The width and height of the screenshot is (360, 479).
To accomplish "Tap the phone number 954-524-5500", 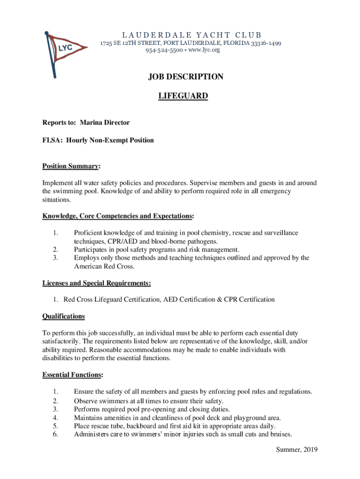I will pos(164,50).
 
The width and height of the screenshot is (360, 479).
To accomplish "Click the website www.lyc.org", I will pos(204,50).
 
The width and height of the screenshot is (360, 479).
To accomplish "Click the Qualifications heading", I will pos(64,316).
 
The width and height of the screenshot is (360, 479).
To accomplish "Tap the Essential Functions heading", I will pos(72,375).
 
